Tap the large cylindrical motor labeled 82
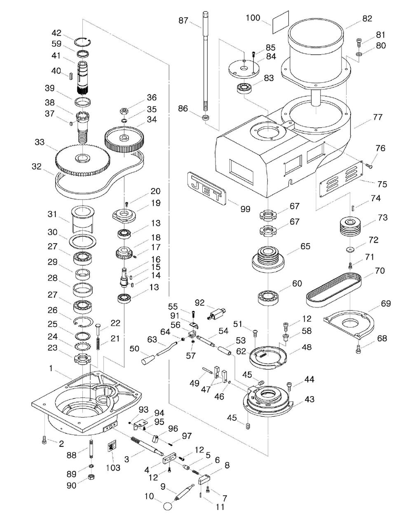pos(315,45)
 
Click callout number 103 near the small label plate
pos(113,468)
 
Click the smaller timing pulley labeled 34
pos(125,140)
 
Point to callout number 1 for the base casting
pos(51,369)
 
